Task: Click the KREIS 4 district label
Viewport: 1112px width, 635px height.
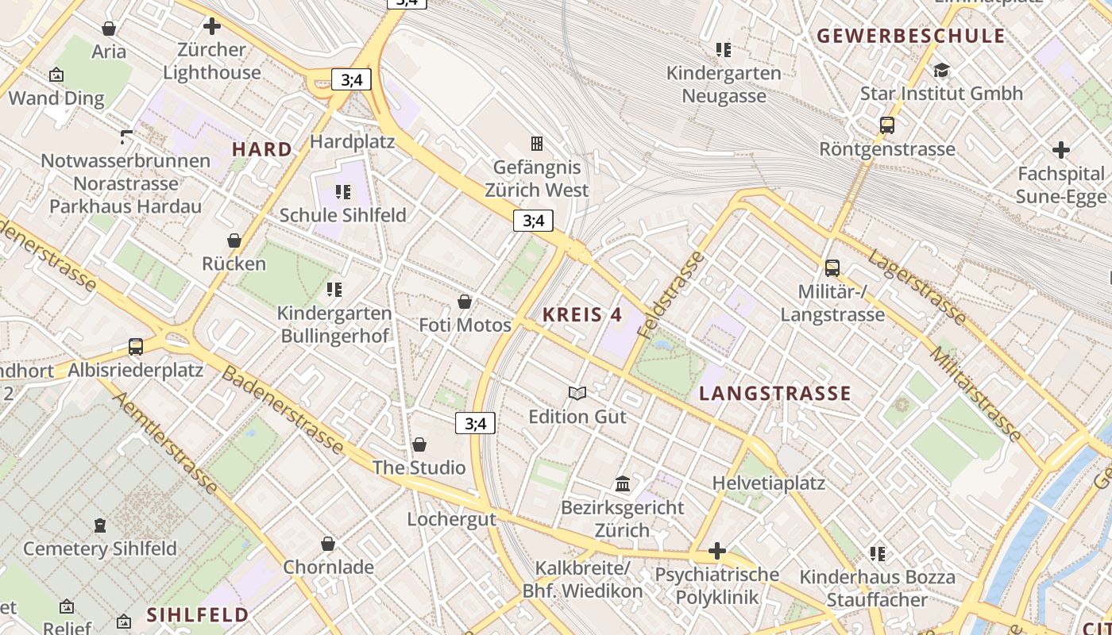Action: pos(582,314)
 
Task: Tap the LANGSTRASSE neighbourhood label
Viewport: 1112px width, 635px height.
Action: pos(774,394)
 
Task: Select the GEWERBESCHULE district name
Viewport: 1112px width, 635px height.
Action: pos(911,36)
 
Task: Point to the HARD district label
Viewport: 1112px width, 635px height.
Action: pos(262,149)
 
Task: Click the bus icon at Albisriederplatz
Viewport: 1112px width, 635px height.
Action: pos(136,347)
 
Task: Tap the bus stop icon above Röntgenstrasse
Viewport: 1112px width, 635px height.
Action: pos(887,125)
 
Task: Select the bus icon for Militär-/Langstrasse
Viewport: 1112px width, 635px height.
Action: pos(832,268)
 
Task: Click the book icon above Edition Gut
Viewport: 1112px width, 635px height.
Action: pos(577,393)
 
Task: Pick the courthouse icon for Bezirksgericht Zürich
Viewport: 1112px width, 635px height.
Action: pos(623,483)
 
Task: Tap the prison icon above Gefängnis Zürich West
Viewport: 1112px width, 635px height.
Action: pos(537,144)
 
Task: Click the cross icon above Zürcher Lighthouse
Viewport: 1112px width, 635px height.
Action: pos(212,26)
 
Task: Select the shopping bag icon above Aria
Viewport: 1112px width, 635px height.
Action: pos(109,29)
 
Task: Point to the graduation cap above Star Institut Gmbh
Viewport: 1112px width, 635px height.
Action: pos(941,70)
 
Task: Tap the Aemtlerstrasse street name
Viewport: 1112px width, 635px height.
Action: pos(166,442)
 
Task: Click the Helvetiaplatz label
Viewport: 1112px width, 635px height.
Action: pos(768,483)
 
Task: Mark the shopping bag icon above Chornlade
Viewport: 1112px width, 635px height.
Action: pos(328,544)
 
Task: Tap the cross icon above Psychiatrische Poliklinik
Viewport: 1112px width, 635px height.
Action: pos(717,551)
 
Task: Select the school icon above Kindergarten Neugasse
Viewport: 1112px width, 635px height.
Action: pos(723,50)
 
